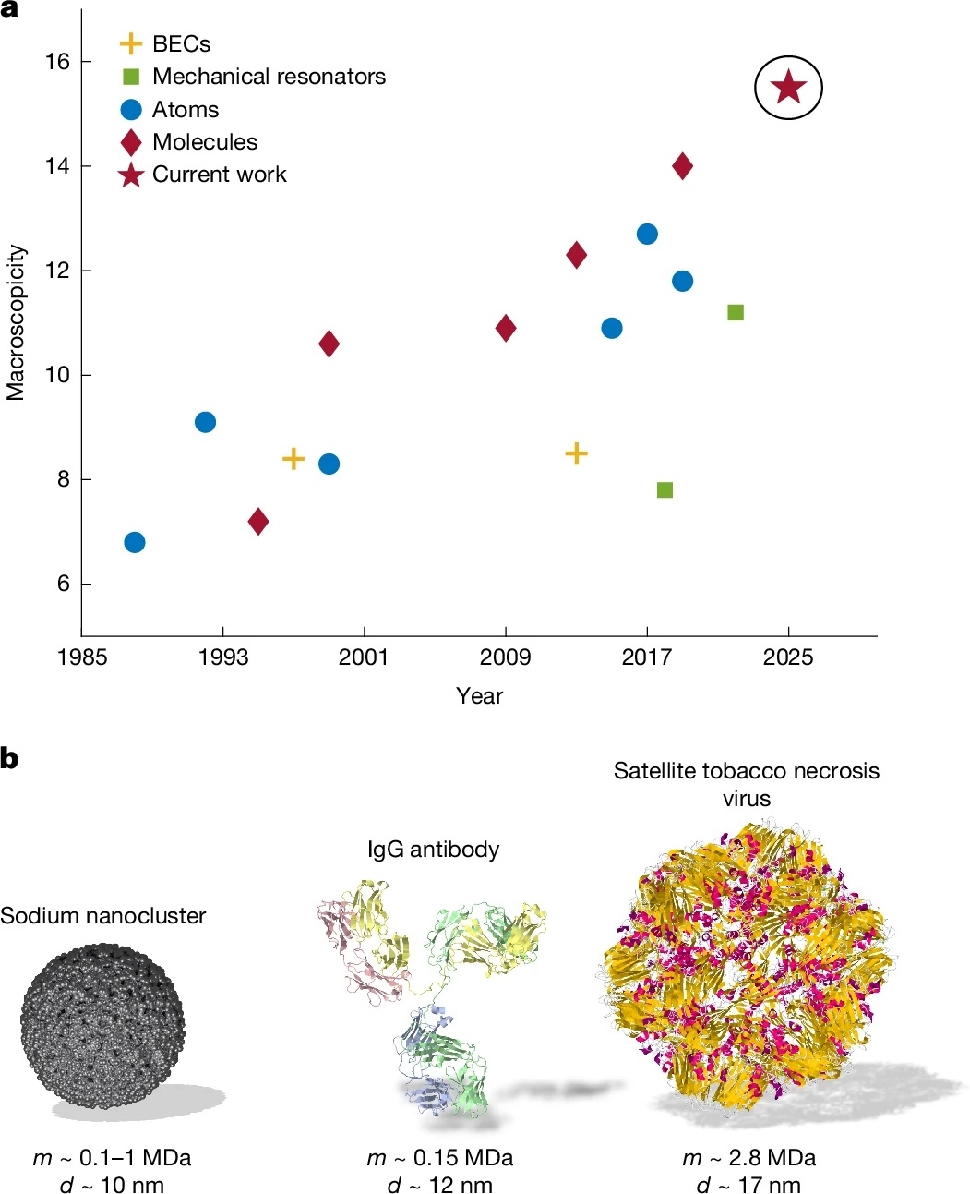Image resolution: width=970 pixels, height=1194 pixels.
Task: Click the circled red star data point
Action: (788, 89)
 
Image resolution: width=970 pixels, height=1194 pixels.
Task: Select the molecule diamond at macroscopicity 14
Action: (682, 166)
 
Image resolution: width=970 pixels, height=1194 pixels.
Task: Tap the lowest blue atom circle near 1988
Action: (135, 542)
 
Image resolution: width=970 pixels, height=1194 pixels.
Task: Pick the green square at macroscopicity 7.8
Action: (665, 489)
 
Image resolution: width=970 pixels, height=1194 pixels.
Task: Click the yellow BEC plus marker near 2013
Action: (576, 453)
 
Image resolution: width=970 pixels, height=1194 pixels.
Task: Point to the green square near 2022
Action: (736, 312)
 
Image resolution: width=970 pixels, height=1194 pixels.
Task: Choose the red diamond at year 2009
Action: (506, 328)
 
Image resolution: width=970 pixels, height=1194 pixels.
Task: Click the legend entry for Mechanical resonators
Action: (269, 77)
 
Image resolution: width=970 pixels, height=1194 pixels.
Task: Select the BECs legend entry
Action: (181, 44)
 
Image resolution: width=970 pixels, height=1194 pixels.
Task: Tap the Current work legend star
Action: (131, 175)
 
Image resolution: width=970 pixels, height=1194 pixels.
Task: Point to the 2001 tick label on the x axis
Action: (364, 657)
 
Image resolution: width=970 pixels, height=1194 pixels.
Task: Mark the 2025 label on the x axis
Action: (788, 657)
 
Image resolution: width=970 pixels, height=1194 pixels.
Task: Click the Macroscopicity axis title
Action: (16, 322)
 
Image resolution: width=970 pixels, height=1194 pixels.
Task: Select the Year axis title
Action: (479, 696)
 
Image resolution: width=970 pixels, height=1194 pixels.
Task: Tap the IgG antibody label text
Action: (433, 850)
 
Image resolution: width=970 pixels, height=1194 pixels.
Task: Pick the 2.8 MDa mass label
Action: (749, 1158)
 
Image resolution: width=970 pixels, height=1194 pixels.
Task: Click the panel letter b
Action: (10, 759)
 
